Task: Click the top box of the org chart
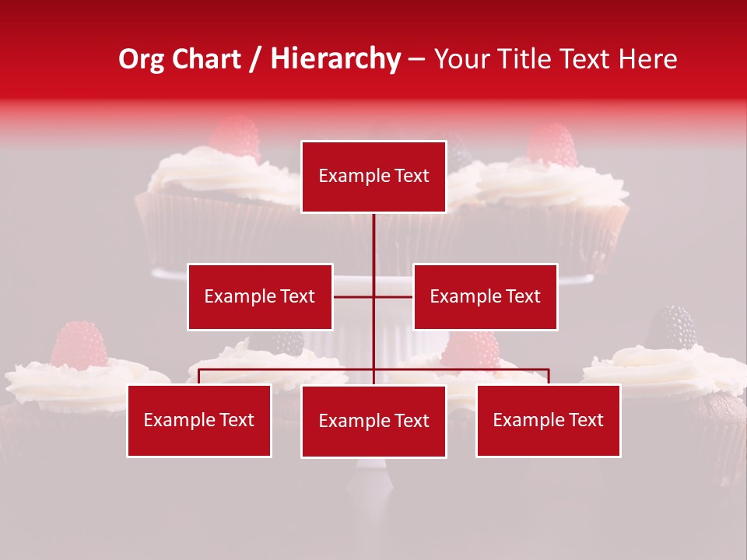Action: coord(373,177)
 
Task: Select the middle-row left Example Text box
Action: coord(260,296)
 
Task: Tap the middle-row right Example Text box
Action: coord(485,296)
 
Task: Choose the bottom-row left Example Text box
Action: coord(199,420)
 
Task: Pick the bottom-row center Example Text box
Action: coord(373,421)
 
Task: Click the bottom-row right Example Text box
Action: coord(548,420)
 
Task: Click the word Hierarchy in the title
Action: coord(335,59)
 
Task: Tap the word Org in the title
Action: coord(141,59)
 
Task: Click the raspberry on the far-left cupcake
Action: coord(79,344)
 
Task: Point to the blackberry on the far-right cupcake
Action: coord(671,327)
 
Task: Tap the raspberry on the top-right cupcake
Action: coord(552,145)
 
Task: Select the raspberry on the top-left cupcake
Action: coord(234,138)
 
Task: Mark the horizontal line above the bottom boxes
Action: coord(288,369)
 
